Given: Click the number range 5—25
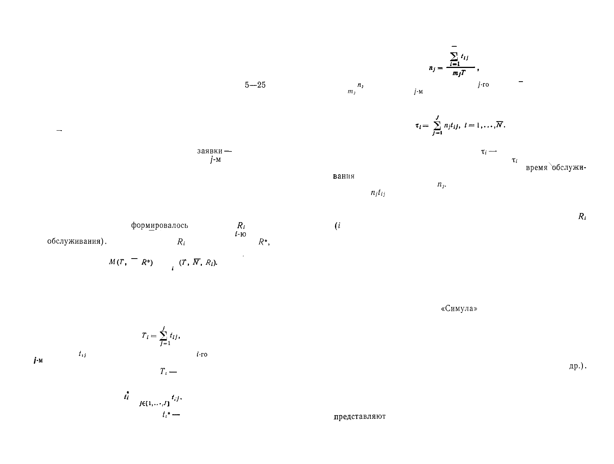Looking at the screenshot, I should [x=255, y=85].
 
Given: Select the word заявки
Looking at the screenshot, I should [x=209, y=151].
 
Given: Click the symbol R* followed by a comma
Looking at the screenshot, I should [x=264, y=242].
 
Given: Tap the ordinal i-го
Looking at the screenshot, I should [x=202, y=355].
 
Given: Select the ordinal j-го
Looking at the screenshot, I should [x=483, y=85].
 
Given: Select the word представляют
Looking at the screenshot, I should [x=359, y=416].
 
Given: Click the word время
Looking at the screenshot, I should [x=537, y=168].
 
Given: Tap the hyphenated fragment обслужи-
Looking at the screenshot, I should [x=568, y=168].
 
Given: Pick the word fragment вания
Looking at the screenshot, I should [x=343, y=177].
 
